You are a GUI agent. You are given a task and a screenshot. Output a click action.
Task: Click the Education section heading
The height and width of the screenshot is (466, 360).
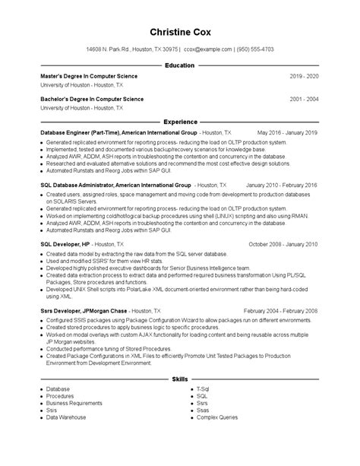point(179,66)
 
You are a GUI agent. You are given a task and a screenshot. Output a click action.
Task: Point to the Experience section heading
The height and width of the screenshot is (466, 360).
point(179,122)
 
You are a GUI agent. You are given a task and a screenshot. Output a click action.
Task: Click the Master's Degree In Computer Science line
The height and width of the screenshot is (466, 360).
point(90,78)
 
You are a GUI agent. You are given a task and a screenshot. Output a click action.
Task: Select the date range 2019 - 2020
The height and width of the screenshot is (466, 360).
point(304,78)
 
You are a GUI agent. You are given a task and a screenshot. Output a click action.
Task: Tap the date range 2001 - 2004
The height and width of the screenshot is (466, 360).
point(304,99)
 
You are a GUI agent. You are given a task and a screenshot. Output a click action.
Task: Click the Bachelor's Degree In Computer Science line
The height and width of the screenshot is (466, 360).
point(92,99)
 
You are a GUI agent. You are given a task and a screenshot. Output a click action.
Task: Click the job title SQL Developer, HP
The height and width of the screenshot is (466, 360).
point(65,245)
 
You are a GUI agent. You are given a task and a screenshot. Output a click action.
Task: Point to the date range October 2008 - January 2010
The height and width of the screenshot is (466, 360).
point(283,245)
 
